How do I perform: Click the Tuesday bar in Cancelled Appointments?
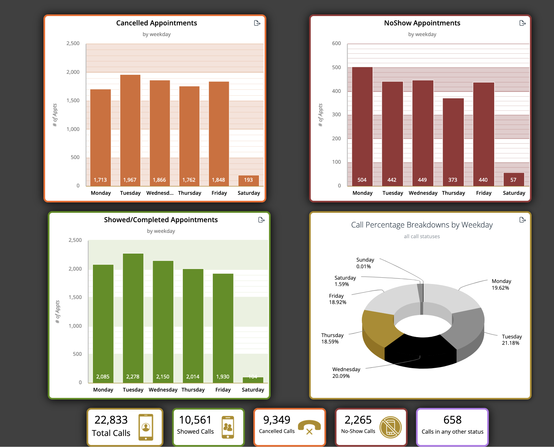click(x=130, y=130)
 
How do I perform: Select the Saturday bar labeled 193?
click(x=248, y=180)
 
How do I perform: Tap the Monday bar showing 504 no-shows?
click(x=362, y=127)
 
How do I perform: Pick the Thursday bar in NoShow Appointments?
click(x=453, y=142)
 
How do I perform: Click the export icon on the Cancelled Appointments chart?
click(x=257, y=23)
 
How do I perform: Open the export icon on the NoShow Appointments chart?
click(x=523, y=23)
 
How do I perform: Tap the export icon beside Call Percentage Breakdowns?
click(x=523, y=220)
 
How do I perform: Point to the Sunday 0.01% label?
click(x=365, y=263)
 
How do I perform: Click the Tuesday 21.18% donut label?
click(x=511, y=340)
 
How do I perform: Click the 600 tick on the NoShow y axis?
click(x=336, y=43)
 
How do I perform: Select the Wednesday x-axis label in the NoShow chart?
click(x=423, y=193)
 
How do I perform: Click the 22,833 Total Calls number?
click(x=111, y=420)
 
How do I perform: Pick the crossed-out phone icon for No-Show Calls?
click(x=390, y=427)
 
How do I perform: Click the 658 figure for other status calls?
click(x=452, y=420)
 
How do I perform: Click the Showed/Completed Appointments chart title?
click(x=161, y=220)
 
